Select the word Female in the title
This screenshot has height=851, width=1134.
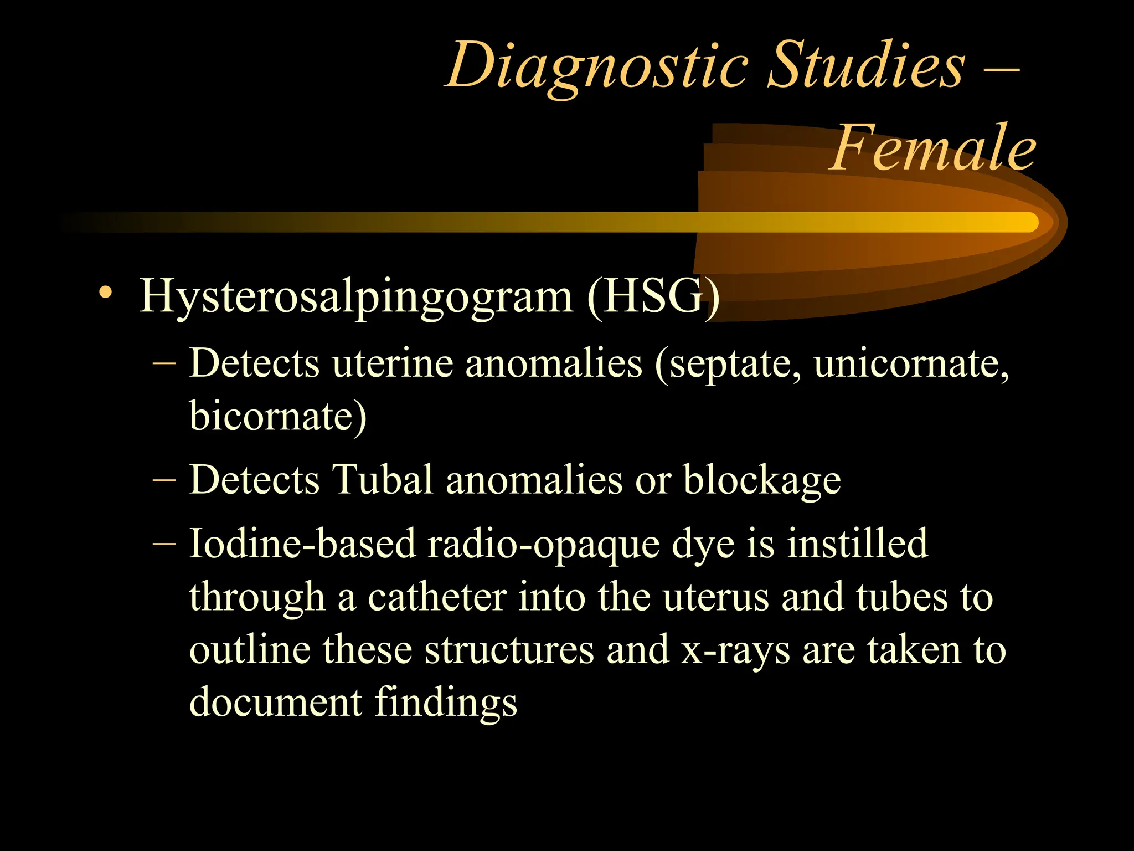[932, 148]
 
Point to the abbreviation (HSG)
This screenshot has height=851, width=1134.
[653, 297]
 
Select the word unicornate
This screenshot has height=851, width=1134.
[911, 364]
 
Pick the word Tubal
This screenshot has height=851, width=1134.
[382, 479]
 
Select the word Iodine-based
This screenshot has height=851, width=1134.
[302, 544]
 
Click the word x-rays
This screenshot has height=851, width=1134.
[735, 650]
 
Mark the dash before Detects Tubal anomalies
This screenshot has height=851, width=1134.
[164, 480]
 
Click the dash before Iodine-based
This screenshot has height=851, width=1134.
[164, 544]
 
